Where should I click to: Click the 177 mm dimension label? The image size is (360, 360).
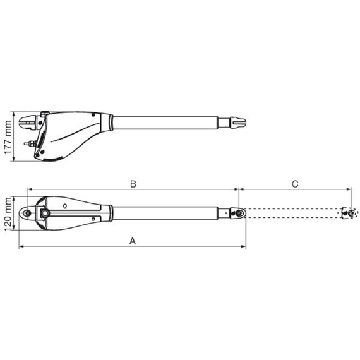click(x=8, y=137)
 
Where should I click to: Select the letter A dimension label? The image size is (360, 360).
click(x=133, y=241)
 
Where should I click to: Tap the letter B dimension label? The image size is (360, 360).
click(x=133, y=184)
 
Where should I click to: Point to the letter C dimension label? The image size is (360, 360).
click(x=295, y=184)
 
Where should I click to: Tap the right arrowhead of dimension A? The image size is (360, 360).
click(x=243, y=246)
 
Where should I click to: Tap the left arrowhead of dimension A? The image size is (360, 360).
click(x=21, y=246)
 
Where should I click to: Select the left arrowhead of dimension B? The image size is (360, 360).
click(x=30, y=189)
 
